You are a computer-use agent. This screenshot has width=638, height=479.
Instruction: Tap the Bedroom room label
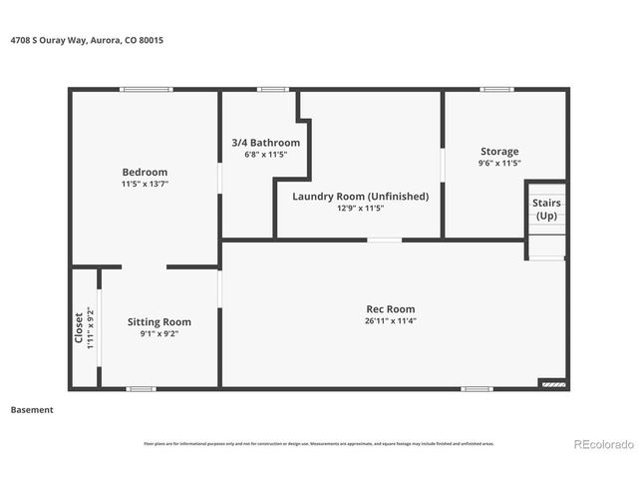[x=145, y=172]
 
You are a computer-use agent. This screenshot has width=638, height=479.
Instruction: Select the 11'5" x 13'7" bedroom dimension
[x=145, y=185]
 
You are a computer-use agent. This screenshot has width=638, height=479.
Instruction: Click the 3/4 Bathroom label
[x=258, y=143]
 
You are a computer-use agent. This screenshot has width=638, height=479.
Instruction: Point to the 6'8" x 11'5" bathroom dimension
[x=258, y=155]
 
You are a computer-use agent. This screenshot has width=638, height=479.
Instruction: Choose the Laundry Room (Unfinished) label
[x=360, y=196]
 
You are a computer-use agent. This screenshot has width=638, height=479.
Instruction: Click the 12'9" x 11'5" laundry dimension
[x=360, y=209]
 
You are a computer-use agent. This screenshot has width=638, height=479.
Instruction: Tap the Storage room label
[x=499, y=152]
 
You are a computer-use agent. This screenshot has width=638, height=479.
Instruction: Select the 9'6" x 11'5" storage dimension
[x=499, y=164]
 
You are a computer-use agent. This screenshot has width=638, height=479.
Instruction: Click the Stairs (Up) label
[x=547, y=209]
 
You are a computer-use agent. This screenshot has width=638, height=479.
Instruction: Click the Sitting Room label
[x=159, y=321]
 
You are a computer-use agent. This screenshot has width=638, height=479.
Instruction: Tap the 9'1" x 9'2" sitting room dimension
[x=159, y=334]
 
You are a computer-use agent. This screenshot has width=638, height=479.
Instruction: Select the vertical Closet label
[x=80, y=328]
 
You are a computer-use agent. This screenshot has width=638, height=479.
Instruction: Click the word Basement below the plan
[x=32, y=410]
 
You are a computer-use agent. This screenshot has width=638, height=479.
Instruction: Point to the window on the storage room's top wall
[x=496, y=90]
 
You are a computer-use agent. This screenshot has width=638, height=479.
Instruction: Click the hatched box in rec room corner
[x=551, y=382]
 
